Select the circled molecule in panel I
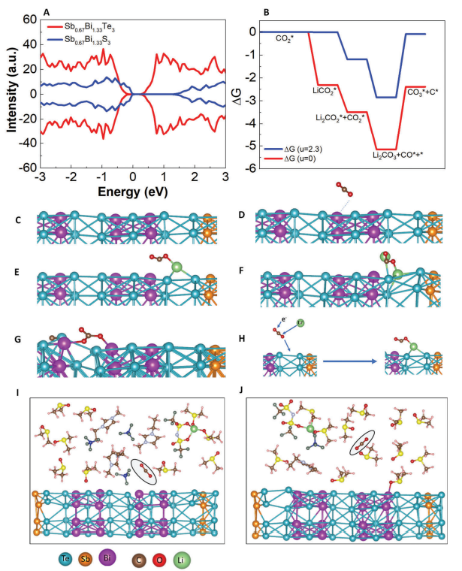143,472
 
